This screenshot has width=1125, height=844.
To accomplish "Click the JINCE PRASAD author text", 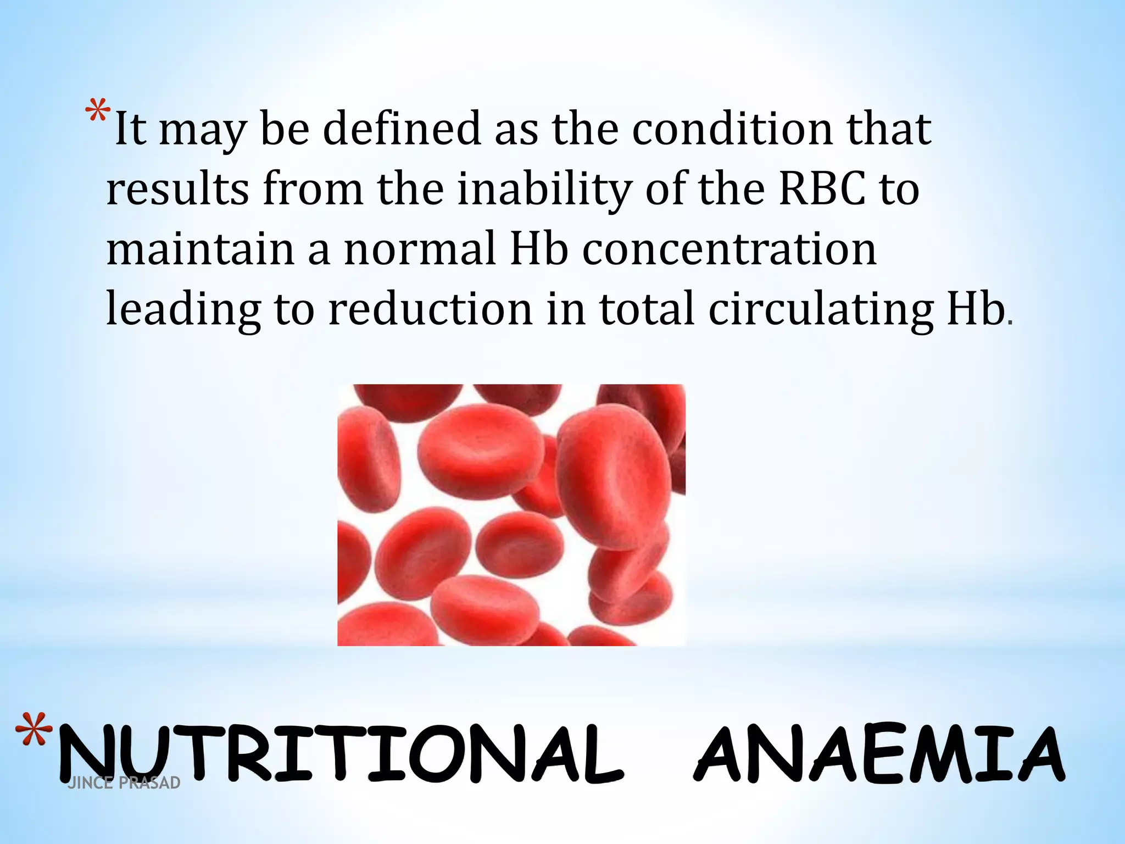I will tap(124, 782).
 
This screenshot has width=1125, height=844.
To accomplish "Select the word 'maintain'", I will tap(201, 248).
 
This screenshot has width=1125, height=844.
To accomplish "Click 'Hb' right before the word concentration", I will tap(539, 248).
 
